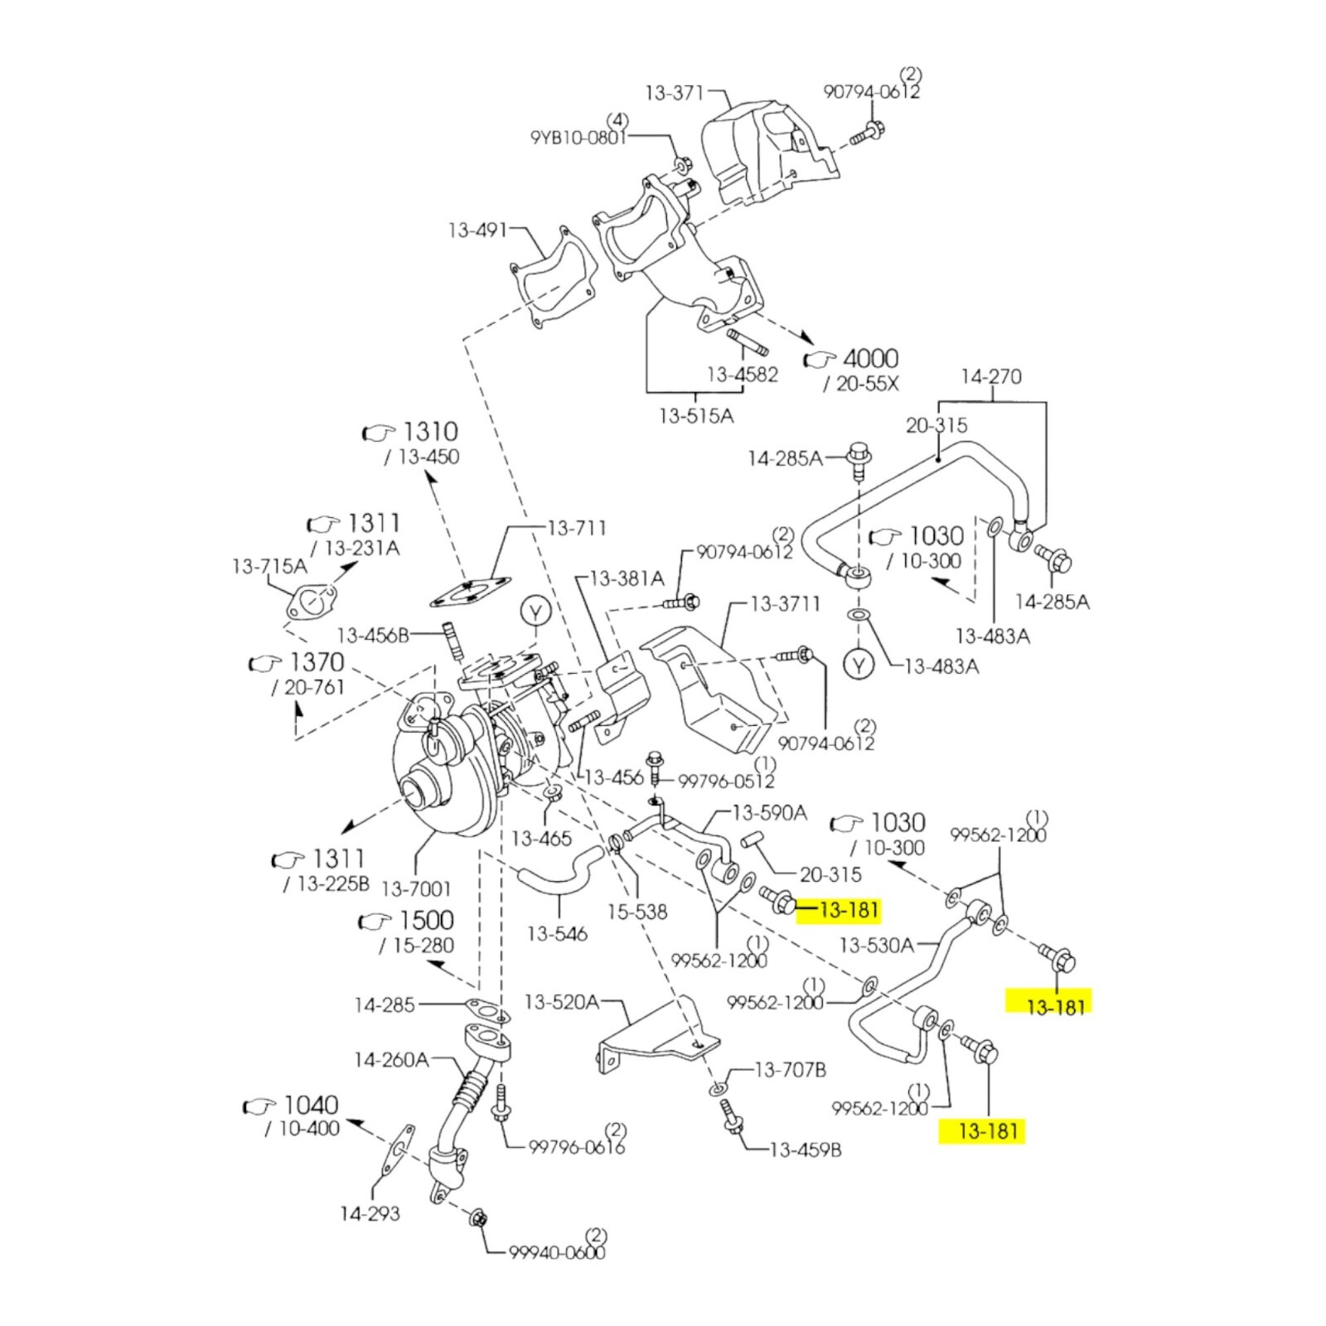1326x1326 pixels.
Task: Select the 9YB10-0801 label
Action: pos(578,136)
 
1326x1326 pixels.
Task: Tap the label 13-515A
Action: pos(696,415)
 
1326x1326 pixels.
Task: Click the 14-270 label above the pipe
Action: pos(991,377)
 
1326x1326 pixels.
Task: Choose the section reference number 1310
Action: pos(430,432)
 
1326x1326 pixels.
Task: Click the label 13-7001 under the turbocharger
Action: pos(416,889)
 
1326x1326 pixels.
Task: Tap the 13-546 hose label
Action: pos(557,934)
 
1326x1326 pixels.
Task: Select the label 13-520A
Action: pos(562,1002)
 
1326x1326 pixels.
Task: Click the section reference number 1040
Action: pos(311,1105)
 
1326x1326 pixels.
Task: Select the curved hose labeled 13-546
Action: pos(559,877)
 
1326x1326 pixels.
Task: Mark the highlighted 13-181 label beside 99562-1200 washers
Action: pos(846,911)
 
